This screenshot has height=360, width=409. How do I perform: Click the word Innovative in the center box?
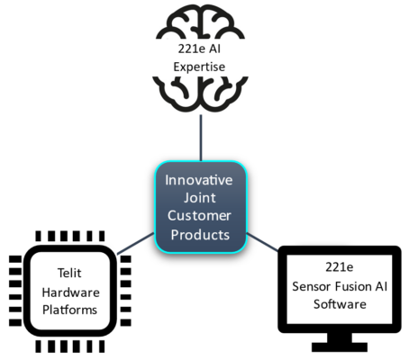click(x=199, y=180)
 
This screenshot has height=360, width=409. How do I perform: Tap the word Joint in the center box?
click(x=200, y=198)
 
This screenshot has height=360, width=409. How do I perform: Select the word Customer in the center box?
click(x=199, y=216)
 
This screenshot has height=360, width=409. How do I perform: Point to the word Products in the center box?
click(x=200, y=235)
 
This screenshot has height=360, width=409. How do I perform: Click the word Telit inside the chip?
click(x=69, y=273)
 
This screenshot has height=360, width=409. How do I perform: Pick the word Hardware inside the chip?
click(x=70, y=292)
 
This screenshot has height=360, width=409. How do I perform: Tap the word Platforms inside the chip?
click(x=69, y=310)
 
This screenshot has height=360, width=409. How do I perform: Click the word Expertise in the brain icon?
click(x=199, y=67)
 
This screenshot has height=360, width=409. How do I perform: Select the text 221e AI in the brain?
click(x=199, y=49)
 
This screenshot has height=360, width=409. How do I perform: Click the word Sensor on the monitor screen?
click(x=311, y=286)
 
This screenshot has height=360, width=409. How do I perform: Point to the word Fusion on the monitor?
click(x=353, y=286)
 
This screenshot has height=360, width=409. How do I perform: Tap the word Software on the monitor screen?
click(x=340, y=304)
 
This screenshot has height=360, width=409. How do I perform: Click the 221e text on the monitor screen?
click(x=340, y=267)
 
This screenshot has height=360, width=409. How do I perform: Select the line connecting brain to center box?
click(x=201, y=138)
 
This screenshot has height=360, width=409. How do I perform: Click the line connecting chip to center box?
click(x=135, y=244)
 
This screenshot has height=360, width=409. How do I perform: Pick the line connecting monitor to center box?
click(x=263, y=242)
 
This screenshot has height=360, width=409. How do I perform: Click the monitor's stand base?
click(x=340, y=347)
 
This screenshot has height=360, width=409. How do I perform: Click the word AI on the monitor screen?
click(x=381, y=286)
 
